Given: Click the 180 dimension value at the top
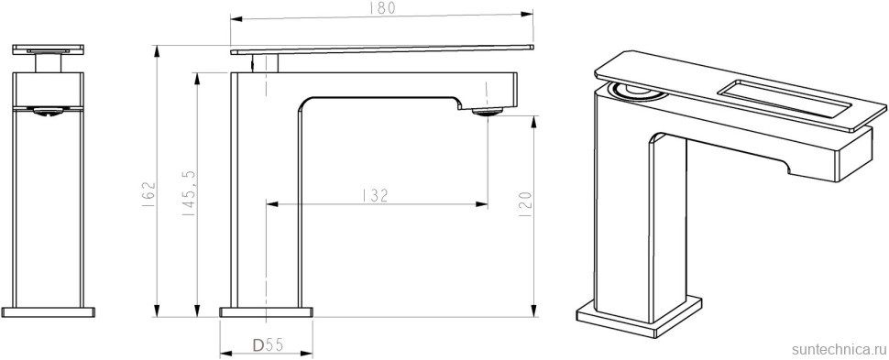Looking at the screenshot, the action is pos(384,8).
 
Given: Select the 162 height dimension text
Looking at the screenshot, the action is pos(148,194).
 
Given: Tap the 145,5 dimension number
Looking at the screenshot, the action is pos(190,193).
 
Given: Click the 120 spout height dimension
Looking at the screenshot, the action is pos(524,204).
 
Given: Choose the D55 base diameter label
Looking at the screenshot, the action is pos(267,344).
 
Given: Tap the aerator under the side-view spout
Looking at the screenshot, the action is pos(487,112).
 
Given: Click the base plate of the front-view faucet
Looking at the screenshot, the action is pos(49,311).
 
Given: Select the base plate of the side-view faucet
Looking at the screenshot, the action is pos(267,311).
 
